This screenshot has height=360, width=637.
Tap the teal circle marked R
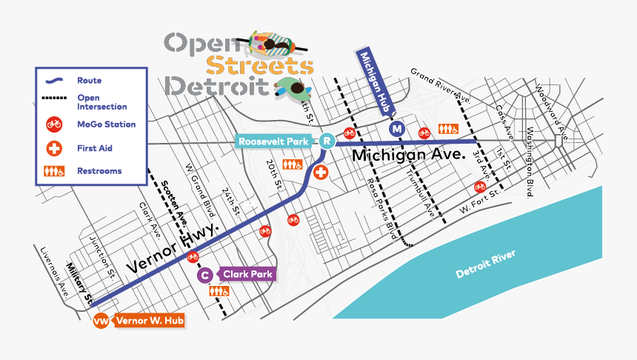click(327, 140)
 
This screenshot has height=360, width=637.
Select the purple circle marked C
click(205, 276)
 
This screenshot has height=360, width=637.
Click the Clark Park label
click(247, 274)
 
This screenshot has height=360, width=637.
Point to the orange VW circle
click(101, 321)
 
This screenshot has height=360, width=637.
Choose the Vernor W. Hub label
click(148, 321)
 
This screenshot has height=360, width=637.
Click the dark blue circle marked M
click(398, 129)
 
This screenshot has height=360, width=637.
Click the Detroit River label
click(486, 264)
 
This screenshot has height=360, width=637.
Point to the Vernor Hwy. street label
click(172, 249)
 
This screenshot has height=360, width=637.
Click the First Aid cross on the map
click(321, 173)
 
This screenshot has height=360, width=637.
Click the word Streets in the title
click(259, 65)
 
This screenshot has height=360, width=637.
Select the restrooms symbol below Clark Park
click(220, 292)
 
